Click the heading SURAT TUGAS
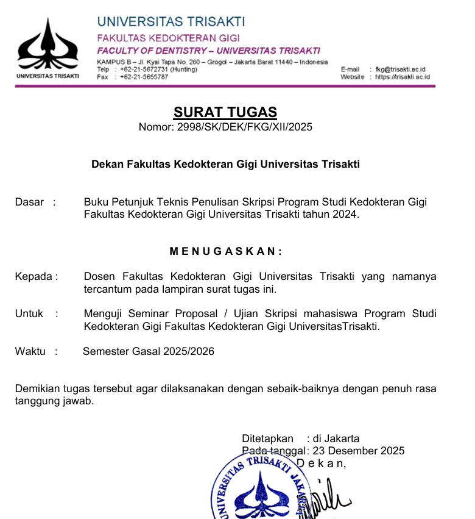tap(225, 112)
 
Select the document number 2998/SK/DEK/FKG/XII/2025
tap(244, 127)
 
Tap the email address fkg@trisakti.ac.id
tap(401, 70)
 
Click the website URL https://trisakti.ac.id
tap(403, 77)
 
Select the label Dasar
tap(29, 202)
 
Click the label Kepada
tap(35, 276)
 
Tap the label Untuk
tap(29, 313)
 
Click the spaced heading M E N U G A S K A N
tap(225, 251)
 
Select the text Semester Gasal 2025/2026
tap(149, 351)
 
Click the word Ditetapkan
tap(267, 438)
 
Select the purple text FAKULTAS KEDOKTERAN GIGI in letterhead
tap(169, 38)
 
